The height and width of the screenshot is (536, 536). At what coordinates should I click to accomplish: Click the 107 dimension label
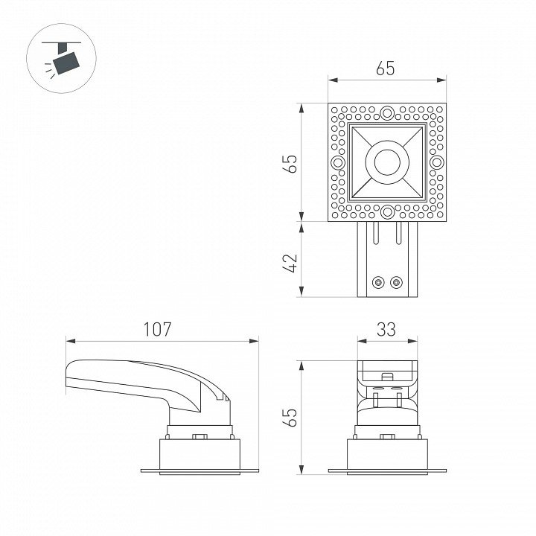point(157,329)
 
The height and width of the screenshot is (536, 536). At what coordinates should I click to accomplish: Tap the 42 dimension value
point(290,263)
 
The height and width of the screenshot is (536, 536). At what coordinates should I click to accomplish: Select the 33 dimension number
point(386,329)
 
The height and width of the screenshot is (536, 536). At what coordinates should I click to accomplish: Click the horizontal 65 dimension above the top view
point(386,68)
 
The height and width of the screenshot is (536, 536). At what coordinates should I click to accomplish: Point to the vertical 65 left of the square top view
point(290,164)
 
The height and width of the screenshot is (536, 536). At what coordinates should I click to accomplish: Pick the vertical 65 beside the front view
point(290,417)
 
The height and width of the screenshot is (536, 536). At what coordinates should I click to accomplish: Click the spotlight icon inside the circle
point(63,58)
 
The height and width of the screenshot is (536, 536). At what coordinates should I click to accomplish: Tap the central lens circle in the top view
point(387,162)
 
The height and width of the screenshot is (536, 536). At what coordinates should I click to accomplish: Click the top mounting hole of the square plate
point(387,112)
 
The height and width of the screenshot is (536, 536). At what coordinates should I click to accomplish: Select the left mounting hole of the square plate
point(338,162)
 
